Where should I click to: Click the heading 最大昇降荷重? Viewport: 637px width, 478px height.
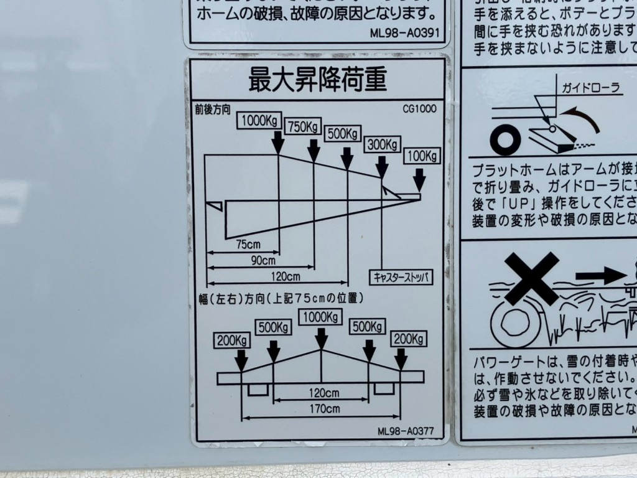point(317,80)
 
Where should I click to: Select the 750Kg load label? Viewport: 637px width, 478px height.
point(303,127)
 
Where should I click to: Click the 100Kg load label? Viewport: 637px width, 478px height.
point(422,155)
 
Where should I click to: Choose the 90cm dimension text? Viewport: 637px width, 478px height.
point(263,260)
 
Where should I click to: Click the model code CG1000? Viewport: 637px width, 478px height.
point(419,108)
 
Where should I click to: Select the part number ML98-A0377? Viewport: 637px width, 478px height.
point(405,431)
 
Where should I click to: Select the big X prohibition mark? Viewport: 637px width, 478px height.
point(532,278)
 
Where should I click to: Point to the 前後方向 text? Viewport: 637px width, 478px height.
point(213,109)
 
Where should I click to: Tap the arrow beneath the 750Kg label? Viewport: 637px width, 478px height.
point(314,150)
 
